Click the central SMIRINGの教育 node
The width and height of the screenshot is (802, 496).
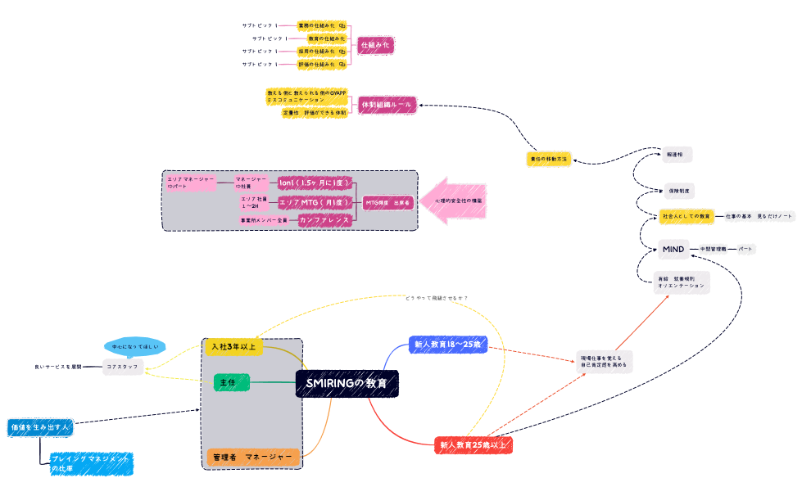[x=347, y=383]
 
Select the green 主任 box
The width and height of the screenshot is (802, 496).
[x=231, y=382]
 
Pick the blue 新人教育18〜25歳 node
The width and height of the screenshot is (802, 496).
[x=448, y=345]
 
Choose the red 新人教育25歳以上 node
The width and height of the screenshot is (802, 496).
[x=473, y=445]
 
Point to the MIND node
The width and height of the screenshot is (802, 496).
[x=673, y=248]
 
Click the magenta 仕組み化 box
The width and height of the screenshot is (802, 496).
[x=376, y=44]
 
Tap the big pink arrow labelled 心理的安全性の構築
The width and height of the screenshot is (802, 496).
[x=455, y=201]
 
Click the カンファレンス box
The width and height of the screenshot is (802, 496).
[x=324, y=219]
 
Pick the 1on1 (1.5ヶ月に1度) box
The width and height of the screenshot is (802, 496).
[x=315, y=183]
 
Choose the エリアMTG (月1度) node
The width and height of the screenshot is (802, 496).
[x=315, y=201]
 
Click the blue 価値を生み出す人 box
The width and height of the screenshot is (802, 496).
[x=40, y=427]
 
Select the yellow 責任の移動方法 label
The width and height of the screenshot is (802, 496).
[x=548, y=159]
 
